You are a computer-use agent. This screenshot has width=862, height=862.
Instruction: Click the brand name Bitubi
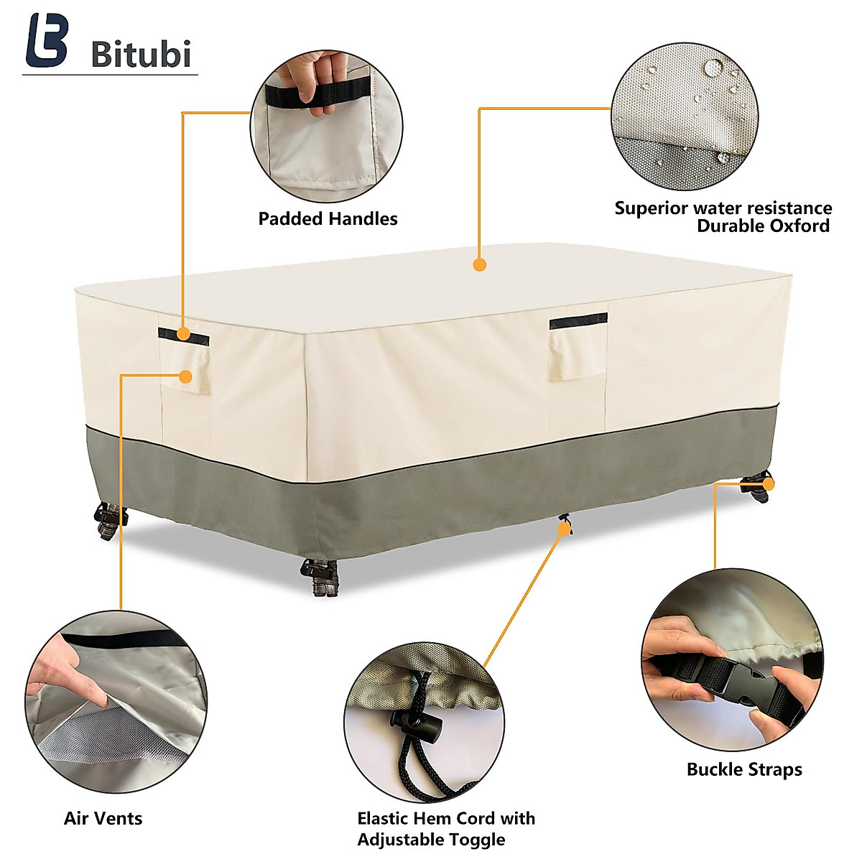point(141,55)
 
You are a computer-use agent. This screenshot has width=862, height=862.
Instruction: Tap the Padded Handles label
point(328,219)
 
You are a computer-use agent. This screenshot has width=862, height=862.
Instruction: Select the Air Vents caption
point(103,818)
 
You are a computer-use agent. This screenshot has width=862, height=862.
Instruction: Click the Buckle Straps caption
point(744,769)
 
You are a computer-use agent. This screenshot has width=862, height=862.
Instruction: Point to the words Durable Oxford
point(763,226)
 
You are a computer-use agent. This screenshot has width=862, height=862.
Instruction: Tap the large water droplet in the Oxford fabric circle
point(713,69)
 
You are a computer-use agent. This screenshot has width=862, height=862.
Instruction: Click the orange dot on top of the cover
point(480,264)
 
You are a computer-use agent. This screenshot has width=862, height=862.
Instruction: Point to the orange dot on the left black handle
point(184,334)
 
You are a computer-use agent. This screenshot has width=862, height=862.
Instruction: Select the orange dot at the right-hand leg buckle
point(769,484)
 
